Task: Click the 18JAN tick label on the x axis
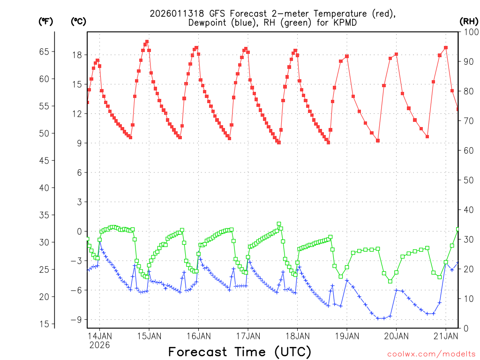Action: pyautogui.click(x=297, y=336)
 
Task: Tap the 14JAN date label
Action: pyautogui.click(x=99, y=336)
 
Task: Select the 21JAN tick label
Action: pyautogui.click(x=445, y=336)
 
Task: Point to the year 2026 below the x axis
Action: pyautogui.click(x=99, y=345)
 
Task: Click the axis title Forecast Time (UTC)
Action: pyautogui.click(x=240, y=352)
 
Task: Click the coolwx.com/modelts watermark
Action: pyautogui.click(x=431, y=354)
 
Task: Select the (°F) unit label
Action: pyautogui.click(x=45, y=21)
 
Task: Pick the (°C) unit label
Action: pyautogui.click(x=78, y=21)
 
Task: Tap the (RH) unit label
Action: pyautogui.click(x=468, y=21)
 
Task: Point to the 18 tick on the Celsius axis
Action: pyautogui.click(x=77, y=55)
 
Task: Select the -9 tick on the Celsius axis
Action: pyautogui.click(x=75, y=320)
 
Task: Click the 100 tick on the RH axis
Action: pyautogui.click(x=470, y=32)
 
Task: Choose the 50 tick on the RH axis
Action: pyautogui.click(x=468, y=180)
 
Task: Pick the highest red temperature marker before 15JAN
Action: pyautogui.click(x=147, y=42)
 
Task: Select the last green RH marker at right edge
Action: pyautogui.click(x=458, y=229)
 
